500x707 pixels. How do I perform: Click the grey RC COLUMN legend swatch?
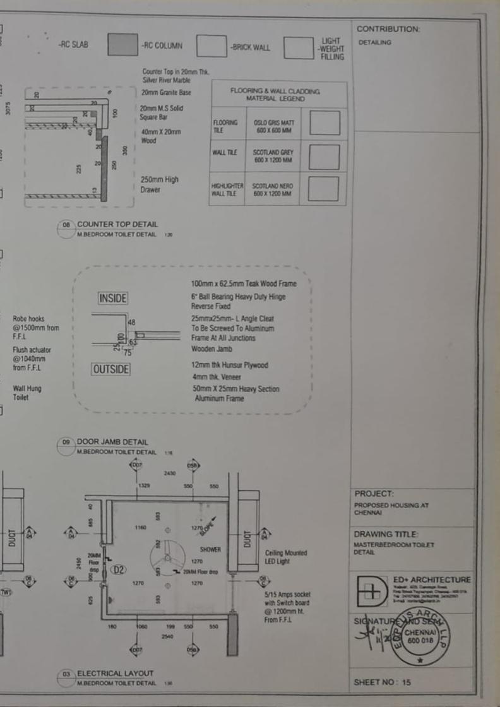[122, 45]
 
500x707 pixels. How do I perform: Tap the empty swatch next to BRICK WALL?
[211, 46]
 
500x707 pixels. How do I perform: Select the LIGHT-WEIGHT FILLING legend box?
[299, 48]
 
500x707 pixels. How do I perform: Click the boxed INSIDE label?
[113, 298]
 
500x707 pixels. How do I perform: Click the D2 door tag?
[118, 569]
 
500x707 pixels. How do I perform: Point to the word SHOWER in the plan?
[210, 549]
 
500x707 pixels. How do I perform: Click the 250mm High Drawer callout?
[159, 184]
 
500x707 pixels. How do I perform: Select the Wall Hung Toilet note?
[27, 393]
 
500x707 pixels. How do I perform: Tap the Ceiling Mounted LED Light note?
[286, 557]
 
